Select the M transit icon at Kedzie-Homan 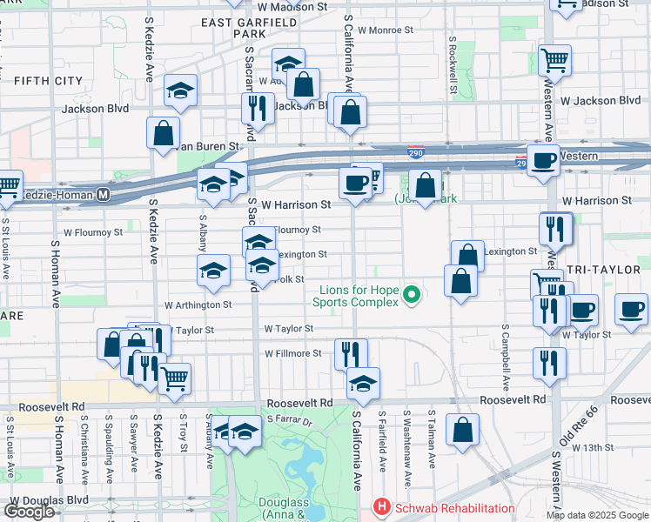coord(103,195)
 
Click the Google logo coord(29,512)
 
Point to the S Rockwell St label coord(453,65)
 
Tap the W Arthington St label coord(198,305)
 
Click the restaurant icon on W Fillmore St coord(351,352)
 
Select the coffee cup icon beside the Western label coord(543,161)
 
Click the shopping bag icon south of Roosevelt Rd coord(463,427)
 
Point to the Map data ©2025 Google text coord(598,515)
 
